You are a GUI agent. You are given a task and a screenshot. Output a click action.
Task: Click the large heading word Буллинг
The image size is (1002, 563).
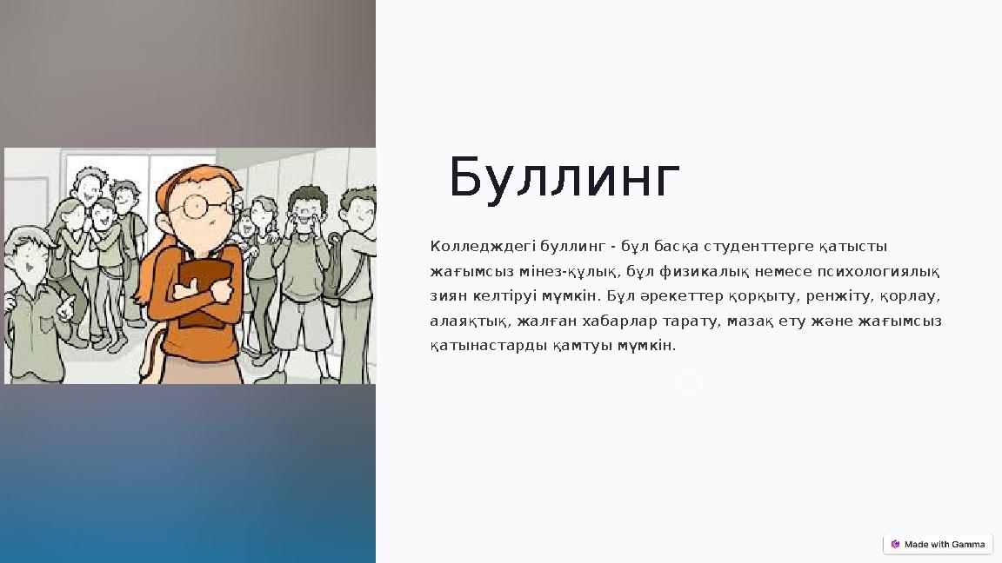pyautogui.click(x=564, y=179)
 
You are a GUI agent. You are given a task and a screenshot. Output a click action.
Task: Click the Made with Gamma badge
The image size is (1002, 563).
pyautogui.click(x=938, y=545)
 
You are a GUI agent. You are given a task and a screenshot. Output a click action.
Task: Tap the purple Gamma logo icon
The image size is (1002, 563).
pyautogui.click(x=895, y=545)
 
